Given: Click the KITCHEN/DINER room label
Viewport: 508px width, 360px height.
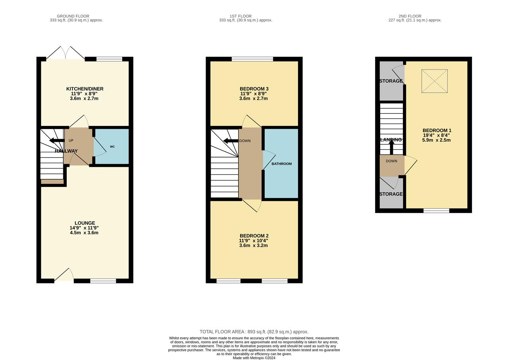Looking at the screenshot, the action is pos(85,89).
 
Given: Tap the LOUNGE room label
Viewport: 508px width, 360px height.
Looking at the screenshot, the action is pos(85,223).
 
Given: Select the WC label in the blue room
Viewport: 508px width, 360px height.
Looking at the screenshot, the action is pos(112,146).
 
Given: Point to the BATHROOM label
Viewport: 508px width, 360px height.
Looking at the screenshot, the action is pos(282,164).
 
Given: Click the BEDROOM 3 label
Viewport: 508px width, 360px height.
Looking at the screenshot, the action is pos(254,89).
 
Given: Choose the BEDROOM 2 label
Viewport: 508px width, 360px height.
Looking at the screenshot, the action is pos(254,236).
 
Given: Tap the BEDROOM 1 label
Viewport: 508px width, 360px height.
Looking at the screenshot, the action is pos(437,131).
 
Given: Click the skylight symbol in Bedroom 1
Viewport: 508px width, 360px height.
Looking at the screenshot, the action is pos(435,81).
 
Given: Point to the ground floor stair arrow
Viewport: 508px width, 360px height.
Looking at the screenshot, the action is pos(57,141).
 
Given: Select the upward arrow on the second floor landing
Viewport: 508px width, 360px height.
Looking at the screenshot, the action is pos(391,147).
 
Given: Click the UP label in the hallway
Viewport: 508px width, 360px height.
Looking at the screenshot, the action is pos(71,141).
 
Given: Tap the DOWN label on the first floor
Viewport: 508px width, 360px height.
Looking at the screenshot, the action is pos(245,141).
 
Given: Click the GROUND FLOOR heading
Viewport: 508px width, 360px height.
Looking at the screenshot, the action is pos(73,16).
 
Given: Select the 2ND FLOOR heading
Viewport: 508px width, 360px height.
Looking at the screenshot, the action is pos(410,16).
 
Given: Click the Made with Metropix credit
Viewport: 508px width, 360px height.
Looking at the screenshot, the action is pos(254,358).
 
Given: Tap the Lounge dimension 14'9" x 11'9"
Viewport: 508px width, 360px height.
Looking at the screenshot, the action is pos(84,228).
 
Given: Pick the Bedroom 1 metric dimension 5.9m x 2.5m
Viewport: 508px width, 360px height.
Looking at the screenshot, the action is pos(436,140).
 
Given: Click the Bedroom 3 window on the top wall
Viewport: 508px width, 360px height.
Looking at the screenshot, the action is pos(252,59).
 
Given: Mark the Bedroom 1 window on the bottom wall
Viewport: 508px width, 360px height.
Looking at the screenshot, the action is pos(436,210).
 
